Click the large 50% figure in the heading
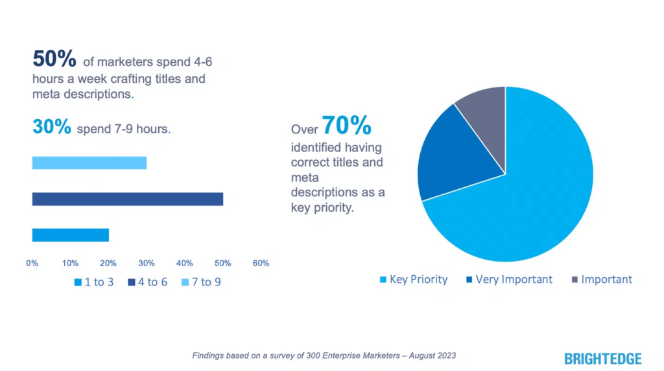[54, 60]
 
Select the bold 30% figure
[51, 128]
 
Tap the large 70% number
[346, 124]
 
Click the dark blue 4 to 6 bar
[127, 199]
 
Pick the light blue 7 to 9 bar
[89, 163]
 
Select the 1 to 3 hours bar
[70, 235]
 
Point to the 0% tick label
[32, 264]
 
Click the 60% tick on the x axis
[261, 264]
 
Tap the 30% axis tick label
[147, 264]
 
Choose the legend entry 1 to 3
[95, 282]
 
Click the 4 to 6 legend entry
[148, 282]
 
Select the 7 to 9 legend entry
[202, 282]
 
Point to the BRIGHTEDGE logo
[603, 358]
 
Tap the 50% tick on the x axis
[222, 264]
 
